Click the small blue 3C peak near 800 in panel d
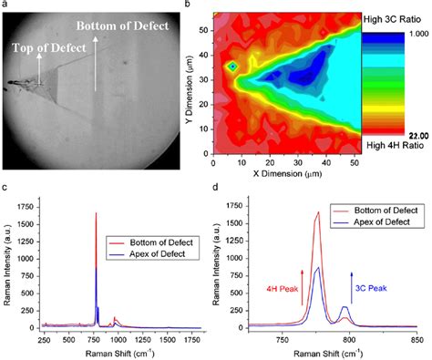click(x=345, y=307)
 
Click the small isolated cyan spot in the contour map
click(x=233, y=67)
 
